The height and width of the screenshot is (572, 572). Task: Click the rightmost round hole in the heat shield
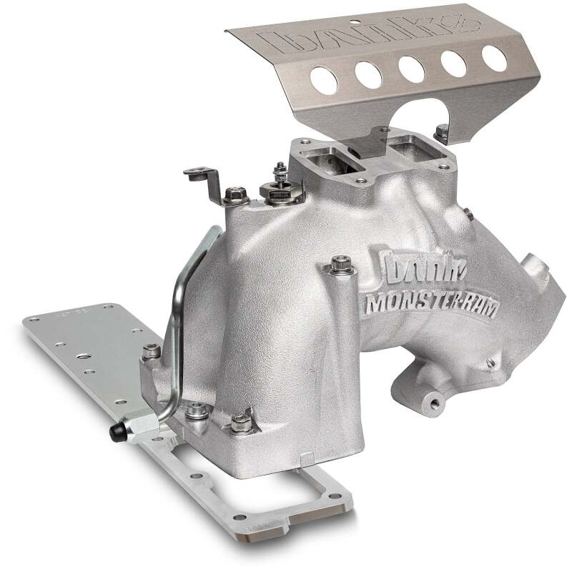[494, 57]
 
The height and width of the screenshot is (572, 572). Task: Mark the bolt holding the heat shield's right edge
[443, 132]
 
